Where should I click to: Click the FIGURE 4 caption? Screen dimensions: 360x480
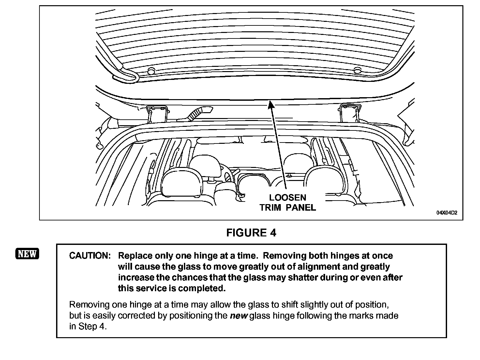point(251,233)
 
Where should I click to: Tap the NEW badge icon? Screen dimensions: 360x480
point(27,254)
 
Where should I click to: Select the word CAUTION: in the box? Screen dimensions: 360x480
point(90,256)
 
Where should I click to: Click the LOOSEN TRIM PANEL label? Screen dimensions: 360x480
point(288,202)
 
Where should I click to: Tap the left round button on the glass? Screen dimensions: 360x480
point(151,71)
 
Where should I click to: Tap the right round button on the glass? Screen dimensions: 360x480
point(357,70)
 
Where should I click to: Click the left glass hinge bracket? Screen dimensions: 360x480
point(157,114)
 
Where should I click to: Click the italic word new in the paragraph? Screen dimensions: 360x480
point(239,316)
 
